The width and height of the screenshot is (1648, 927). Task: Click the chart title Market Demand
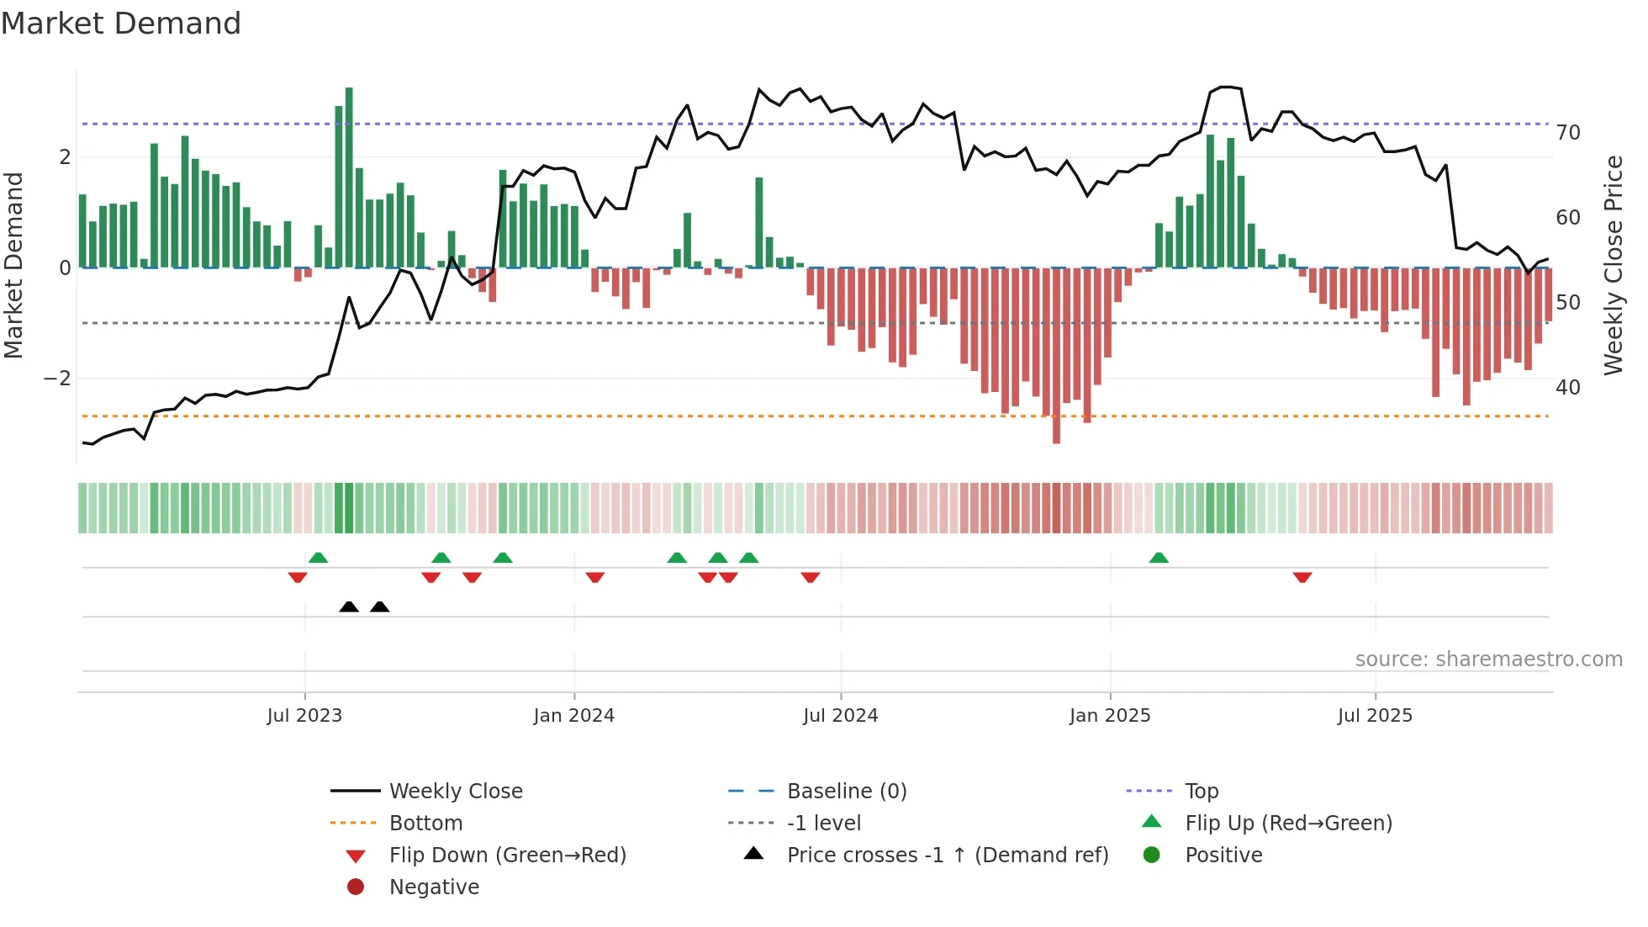point(121,24)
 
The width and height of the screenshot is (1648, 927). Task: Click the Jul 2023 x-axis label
point(304,716)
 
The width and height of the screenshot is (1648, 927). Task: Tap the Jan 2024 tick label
point(573,716)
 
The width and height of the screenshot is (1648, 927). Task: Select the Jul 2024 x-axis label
point(840,716)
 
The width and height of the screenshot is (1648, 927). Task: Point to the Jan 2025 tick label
point(1110,716)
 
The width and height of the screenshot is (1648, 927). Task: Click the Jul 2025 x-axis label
point(1375,716)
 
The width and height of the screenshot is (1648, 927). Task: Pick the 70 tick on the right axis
point(1568,133)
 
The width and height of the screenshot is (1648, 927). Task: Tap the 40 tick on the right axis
point(1568,388)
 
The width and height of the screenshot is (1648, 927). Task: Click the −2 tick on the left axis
point(57,379)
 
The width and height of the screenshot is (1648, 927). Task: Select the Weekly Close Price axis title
point(1613,265)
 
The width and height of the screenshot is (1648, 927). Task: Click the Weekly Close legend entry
point(455,792)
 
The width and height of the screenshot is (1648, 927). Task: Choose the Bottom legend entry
point(425,824)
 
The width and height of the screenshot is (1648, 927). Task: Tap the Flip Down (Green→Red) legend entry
point(507,855)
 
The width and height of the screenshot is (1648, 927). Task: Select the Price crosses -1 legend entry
point(947,855)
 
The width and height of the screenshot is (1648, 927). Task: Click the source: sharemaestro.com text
point(1488,659)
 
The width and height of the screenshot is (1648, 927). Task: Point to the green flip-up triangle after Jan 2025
point(1159,559)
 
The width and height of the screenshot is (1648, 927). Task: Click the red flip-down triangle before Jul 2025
point(1302,577)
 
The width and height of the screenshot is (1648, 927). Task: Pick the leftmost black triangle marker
point(349,607)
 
